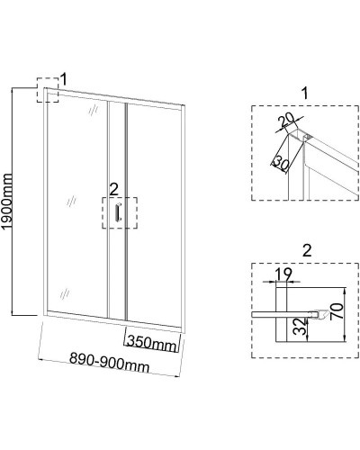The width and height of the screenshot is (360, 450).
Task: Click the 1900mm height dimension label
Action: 7,202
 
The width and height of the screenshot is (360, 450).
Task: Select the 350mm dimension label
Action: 151,343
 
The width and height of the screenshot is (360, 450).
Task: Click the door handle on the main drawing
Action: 118,211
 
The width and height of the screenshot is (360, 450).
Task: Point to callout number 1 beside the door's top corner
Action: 64,79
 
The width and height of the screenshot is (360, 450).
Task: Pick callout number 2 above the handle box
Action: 114,190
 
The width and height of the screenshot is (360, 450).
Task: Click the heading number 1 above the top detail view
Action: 305,94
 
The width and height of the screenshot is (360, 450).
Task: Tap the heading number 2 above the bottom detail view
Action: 307,250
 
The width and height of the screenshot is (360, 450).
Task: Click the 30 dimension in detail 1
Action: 282,163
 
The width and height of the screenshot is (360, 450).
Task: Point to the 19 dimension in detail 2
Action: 283,274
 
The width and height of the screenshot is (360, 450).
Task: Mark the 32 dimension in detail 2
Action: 301,327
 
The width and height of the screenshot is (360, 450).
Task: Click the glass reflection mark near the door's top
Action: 94,110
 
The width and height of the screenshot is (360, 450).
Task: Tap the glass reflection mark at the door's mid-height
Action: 71,202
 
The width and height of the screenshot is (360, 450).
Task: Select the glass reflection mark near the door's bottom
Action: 65,294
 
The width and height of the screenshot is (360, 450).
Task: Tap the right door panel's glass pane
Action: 154,216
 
